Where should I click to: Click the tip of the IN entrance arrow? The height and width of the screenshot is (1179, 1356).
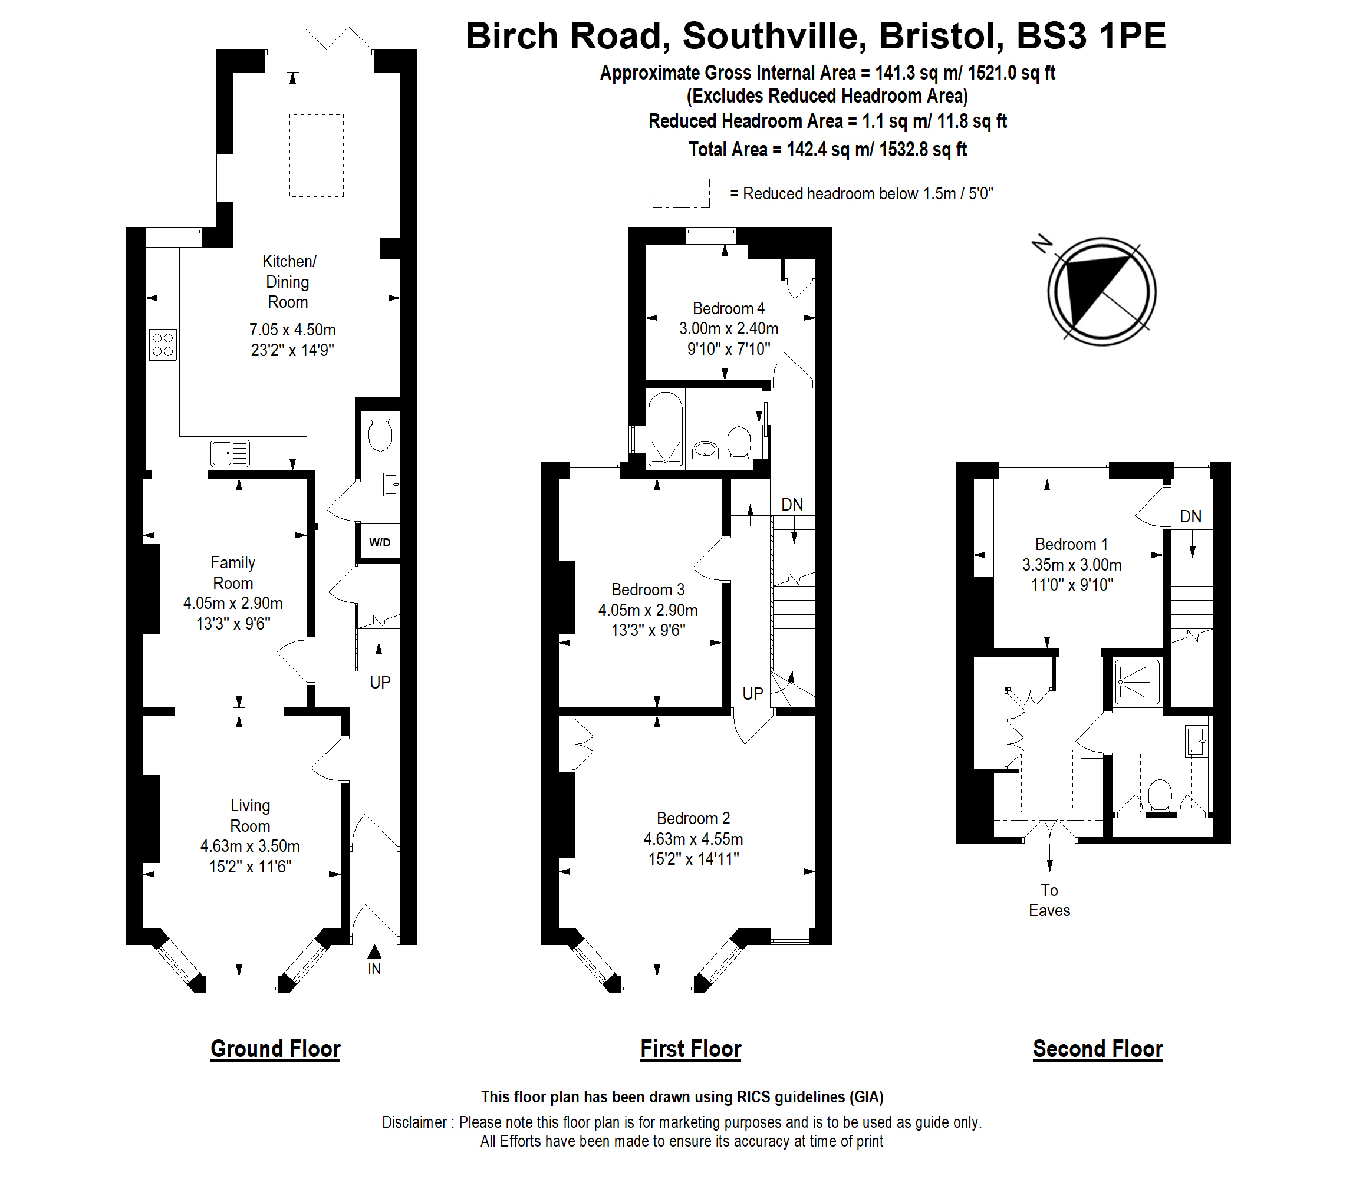click(x=374, y=946)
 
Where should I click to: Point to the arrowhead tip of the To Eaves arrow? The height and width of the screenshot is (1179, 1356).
click(x=1049, y=872)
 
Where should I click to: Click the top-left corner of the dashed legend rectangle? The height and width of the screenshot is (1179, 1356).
click(x=653, y=179)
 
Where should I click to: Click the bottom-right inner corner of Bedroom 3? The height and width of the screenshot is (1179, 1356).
click(x=722, y=708)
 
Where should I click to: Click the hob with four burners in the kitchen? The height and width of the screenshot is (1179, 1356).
click(x=163, y=345)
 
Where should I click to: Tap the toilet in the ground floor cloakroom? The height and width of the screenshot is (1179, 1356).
click(x=380, y=431)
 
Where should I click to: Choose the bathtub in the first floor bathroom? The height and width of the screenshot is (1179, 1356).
click(x=666, y=429)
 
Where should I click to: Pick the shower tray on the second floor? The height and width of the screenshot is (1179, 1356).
click(x=1138, y=682)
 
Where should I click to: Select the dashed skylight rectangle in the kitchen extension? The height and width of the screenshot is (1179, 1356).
click(x=317, y=155)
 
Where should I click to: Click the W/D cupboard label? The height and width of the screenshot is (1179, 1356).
click(x=380, y=542)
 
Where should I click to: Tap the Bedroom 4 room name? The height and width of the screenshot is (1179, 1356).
click(x=728, y=308)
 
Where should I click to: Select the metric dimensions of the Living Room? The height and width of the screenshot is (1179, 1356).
click(x=250, y=845)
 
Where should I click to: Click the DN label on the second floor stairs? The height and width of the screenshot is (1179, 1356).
click(x=1191, y=516)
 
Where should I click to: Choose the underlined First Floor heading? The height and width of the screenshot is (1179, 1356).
click(x=691, y=1049)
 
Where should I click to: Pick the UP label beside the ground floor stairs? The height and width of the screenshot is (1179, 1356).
click(x=380, y=682)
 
